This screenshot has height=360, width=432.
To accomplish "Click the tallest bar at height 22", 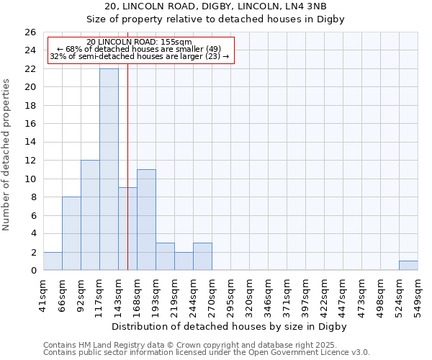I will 109,169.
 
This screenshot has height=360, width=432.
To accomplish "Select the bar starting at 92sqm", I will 90,215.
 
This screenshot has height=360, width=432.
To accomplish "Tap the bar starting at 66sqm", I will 71,233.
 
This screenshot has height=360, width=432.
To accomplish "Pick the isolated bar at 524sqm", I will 408,266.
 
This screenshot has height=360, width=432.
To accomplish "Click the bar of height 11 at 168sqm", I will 146,220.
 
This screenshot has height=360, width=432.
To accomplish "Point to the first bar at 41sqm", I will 53,261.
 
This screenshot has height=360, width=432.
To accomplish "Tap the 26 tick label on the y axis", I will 30,32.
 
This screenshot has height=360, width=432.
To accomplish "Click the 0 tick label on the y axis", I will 32,271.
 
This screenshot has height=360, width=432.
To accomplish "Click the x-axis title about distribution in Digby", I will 230,326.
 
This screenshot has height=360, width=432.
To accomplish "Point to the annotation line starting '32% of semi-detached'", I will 140,56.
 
